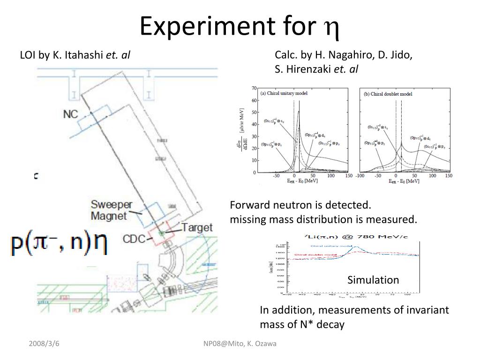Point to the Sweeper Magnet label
[111, 210]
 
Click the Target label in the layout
[197, 228]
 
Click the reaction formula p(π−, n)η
[59, 244]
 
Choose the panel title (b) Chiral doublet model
[388, 94]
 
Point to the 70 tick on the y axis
[254, 88]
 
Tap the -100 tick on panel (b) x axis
[360, 176]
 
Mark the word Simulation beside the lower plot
[373, 280]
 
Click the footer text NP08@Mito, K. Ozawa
[240, 344]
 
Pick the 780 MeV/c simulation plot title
[350, 237]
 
